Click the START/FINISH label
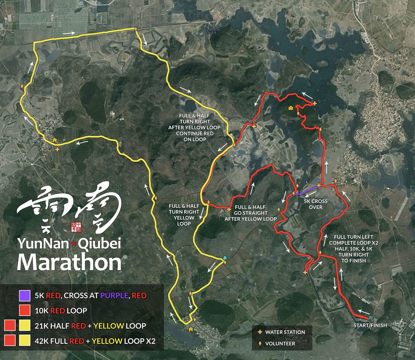(x=370, y=325)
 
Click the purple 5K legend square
(x=25, y=296)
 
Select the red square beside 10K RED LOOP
(x=25, y=310)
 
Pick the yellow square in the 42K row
(x=25, y=341)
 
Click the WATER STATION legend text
(x=285, y=332)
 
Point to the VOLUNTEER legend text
(x=280, y=344)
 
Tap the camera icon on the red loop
(x=291, y=108)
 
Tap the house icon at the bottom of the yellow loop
(x=191, y=329)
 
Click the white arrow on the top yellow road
(x=69, y=32)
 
